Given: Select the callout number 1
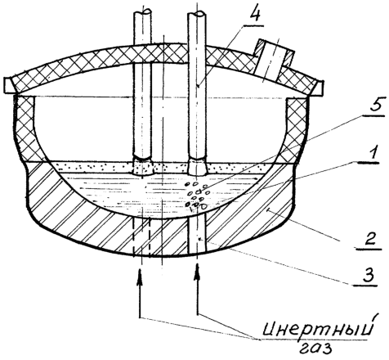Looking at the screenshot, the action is click(x=372, y=153).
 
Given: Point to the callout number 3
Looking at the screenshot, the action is click(x=368, y=276).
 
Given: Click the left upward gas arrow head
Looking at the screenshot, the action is click(x=140, y=277).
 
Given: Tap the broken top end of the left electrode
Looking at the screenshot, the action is click(x=142, y=13).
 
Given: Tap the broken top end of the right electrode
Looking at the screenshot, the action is click(x=197, y=14).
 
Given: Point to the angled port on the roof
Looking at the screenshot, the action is click(x=273, y=61).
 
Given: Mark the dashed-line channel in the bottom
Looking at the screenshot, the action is click(x=141, y=236).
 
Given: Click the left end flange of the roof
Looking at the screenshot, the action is click(x=9, y=85).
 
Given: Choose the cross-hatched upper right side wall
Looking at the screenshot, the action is click(x=297, y=129).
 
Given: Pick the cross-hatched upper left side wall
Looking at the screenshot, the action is click(x=25, y=128).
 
